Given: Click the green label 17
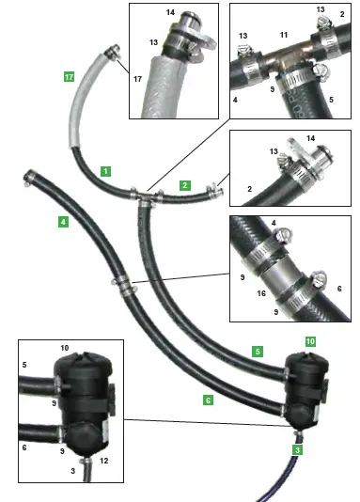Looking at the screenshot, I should [x=69, y=77].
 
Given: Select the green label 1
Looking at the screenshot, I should [x=106, y=171].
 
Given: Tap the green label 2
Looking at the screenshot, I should [x=185, y=185].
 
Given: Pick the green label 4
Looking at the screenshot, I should [x=62, y=222].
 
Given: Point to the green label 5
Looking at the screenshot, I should [x=257, y=352].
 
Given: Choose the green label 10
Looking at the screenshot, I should [x=310, y=339].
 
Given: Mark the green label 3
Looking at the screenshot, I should [x=297, y=450].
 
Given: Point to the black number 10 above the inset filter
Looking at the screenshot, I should [x=65, y=348].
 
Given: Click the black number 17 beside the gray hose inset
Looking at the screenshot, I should [x=136, y=81].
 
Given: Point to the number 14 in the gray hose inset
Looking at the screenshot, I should [x=170, y=13].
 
